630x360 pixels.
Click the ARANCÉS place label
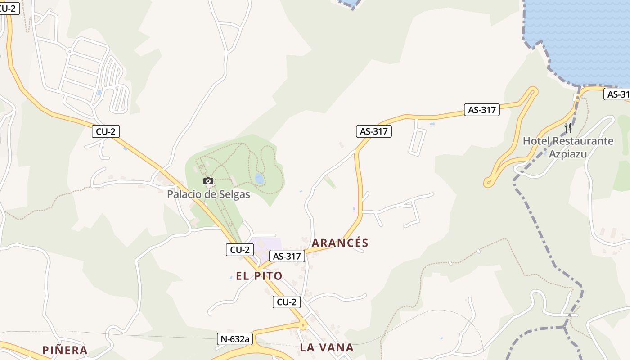click(x=340, y=243)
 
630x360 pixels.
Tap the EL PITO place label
click(x=259, y=276)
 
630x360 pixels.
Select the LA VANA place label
click(x=327, y=347)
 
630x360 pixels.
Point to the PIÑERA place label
click(x=65, y=350)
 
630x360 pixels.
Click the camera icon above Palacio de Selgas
click(x=208, y=181)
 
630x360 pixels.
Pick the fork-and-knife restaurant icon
click(x=568, y=128)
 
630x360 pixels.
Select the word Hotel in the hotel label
click(x=536, y=141)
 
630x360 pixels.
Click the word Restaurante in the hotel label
click(x=583, y=141)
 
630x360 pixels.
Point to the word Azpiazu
click(x=568, y=154)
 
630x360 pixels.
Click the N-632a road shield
click(x=234, y=339)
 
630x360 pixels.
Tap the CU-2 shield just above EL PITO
click(x=240, y=249)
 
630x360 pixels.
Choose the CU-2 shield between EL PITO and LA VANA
click(x=287, y=302)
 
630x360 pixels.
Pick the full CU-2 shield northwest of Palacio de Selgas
click(x=106, y=131)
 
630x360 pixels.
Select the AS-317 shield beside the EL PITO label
click(x=287, y=256)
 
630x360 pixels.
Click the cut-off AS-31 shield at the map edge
click(x=617, y=94)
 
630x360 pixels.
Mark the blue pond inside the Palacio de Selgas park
click(x=260, y=179)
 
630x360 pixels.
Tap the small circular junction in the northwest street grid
click(x=69, y=52)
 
